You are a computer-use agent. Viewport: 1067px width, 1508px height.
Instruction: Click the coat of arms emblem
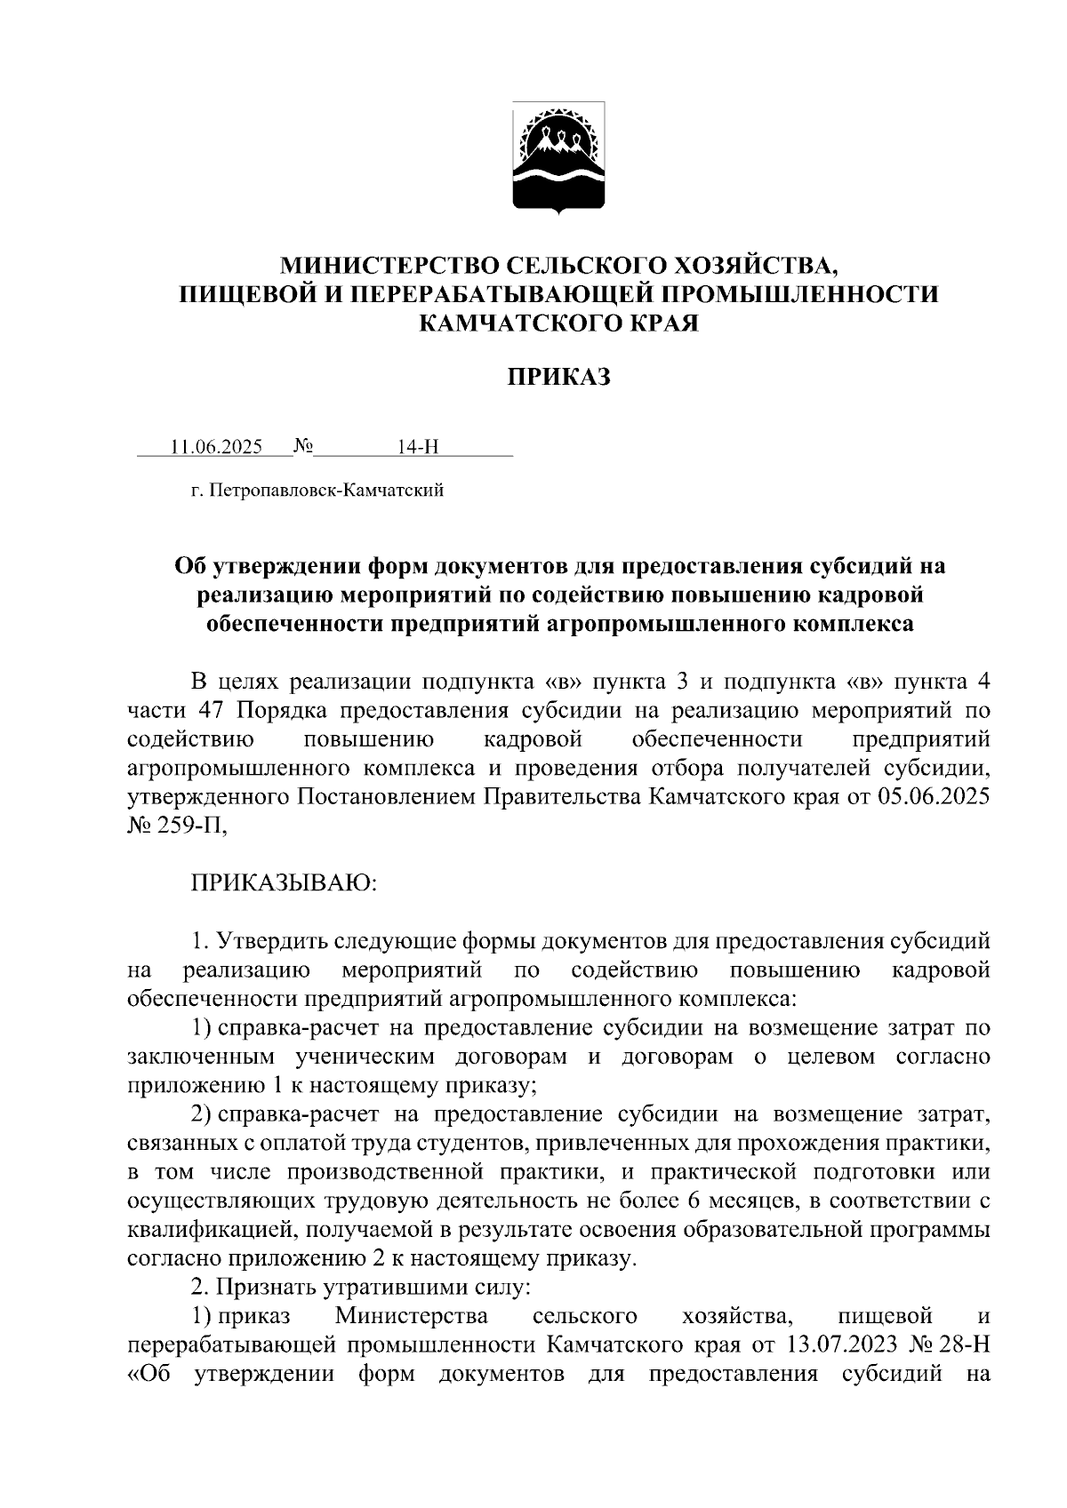(x=559, y=158)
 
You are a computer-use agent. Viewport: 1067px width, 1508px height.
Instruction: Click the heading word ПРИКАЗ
(x=559, y=378)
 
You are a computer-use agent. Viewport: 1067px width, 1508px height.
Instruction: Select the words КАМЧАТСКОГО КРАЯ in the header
(x=559, y=323)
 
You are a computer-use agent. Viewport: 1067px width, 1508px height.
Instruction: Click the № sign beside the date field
(x=302, y=446)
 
